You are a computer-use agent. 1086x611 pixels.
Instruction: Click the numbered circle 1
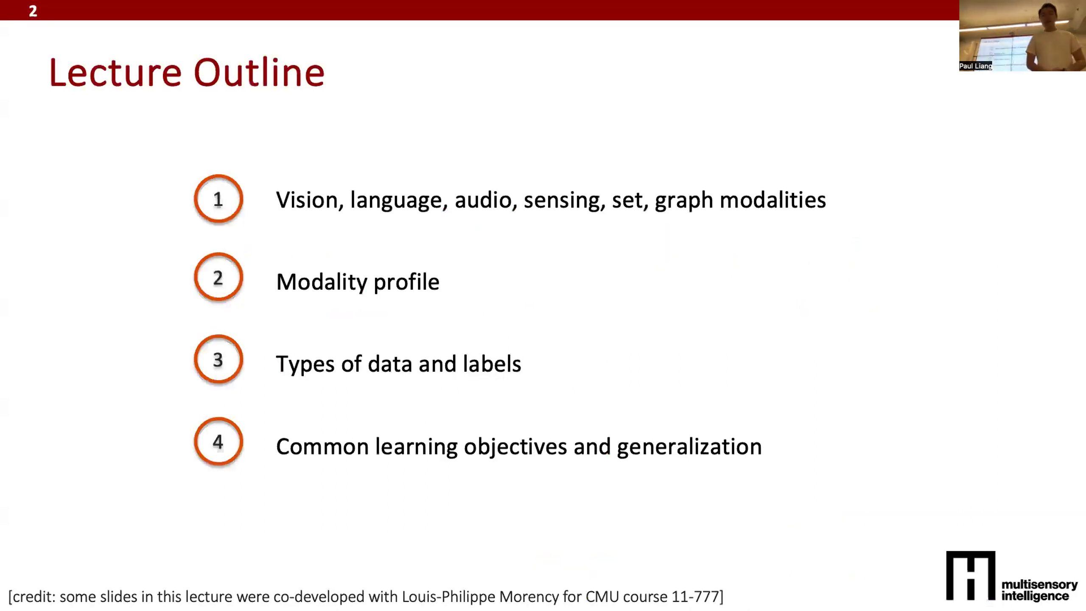[218, 199]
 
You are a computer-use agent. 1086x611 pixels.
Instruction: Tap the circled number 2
[218, 277]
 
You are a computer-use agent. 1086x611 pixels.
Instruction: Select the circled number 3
[218, 359]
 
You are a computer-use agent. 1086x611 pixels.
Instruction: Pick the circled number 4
[218, 442]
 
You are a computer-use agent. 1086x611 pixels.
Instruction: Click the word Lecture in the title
[115, 73]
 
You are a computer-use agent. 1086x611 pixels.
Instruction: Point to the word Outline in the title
[259, 73]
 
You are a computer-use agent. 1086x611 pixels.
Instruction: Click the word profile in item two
[406, 283]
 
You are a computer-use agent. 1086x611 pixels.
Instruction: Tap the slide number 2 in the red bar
[33, 11]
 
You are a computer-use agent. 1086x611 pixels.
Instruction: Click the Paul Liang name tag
[975, 66]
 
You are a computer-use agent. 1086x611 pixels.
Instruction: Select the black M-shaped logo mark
[971, 575]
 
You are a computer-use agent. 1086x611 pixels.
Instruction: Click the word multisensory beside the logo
[1039, 585]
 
